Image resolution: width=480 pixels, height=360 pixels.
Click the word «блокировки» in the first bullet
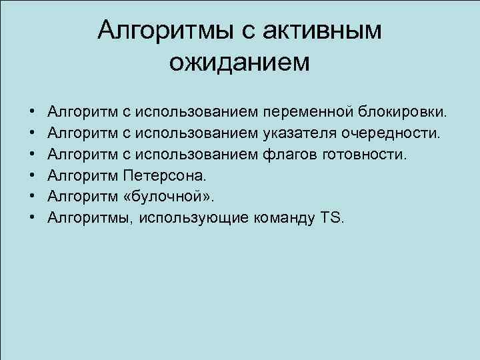click(x=403, y=109)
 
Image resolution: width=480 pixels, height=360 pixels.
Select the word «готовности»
click(x=363, y=155)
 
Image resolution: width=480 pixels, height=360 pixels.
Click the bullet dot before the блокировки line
click(x=32, y=109)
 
